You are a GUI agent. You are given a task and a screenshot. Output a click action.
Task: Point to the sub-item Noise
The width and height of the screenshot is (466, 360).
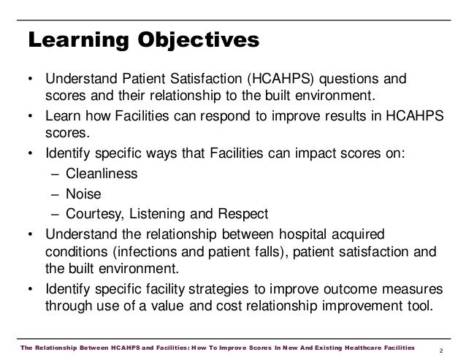coord(82,194)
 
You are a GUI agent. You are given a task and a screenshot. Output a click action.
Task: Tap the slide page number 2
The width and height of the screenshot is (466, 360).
coord(446,345)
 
